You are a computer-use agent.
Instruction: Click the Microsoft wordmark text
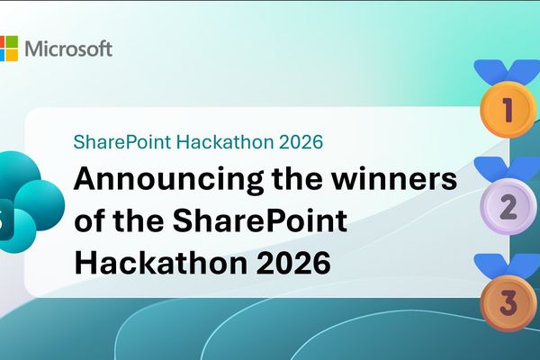[x=68, y=49]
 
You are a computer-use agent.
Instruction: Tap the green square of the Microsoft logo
[x=13, y=41]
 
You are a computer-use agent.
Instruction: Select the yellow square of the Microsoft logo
[x=13, y=55]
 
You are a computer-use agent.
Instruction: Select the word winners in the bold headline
[x=396, y=178]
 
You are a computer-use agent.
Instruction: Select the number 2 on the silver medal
[x=508, y=208]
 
